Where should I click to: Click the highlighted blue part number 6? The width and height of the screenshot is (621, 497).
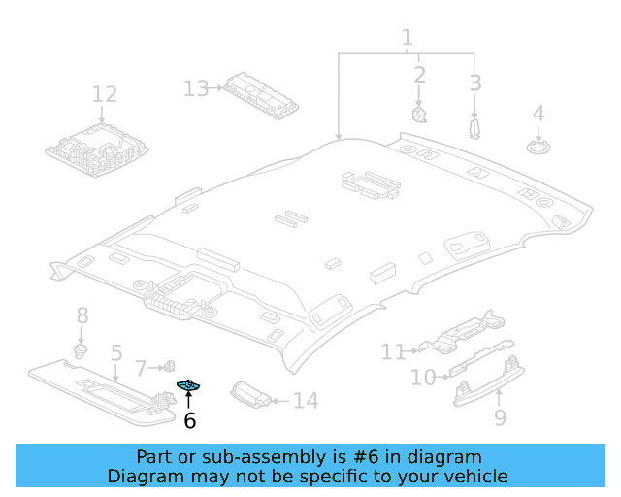tap(188, 384)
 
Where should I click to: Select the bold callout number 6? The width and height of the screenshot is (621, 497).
tap(190, 420)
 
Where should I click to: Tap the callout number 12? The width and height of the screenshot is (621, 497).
tap(104, 94)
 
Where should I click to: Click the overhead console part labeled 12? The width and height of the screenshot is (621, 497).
tap(97, 149)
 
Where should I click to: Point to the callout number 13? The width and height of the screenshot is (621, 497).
tap(196, 88)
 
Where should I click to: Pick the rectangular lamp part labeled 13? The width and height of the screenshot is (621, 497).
tap(261, 95)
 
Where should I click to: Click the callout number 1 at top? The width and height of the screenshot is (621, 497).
tap(407, 38)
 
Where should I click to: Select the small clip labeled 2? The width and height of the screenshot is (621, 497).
tap(419, 115)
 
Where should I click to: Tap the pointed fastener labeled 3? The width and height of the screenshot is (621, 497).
tap(474, 128)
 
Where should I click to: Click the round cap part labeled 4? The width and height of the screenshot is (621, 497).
tap(539, 147)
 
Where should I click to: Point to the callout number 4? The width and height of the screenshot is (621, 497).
tap(539, 114)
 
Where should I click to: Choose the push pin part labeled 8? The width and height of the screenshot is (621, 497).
tap(81, 350)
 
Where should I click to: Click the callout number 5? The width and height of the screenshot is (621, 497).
tap(116, 352)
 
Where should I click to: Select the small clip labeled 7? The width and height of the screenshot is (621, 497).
tap(170, 366)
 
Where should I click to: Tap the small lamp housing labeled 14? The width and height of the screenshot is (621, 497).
tap(251, 395)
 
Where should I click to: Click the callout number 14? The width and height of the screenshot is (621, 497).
tap(306, 401)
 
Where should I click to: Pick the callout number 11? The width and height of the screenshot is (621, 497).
tap(393, 352)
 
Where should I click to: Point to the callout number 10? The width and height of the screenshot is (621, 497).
tap(423, 378)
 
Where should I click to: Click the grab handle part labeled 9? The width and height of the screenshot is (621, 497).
tap(489, 381)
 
